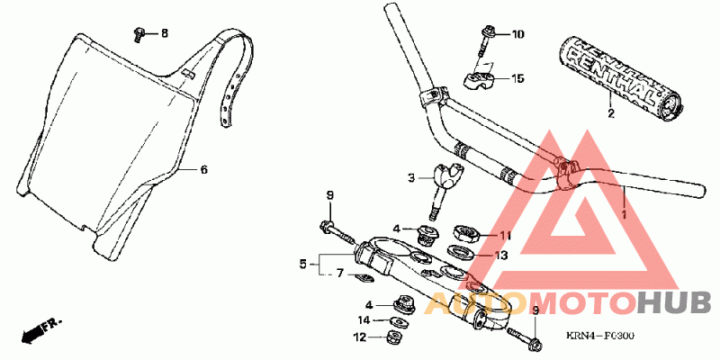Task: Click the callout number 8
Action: (164, 34)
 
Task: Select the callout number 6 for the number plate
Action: (203, 169)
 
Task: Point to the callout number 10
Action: (517, 35)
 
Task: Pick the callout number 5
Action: (303, 265)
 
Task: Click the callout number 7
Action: (340, 274)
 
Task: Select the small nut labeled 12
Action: (391, 338)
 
